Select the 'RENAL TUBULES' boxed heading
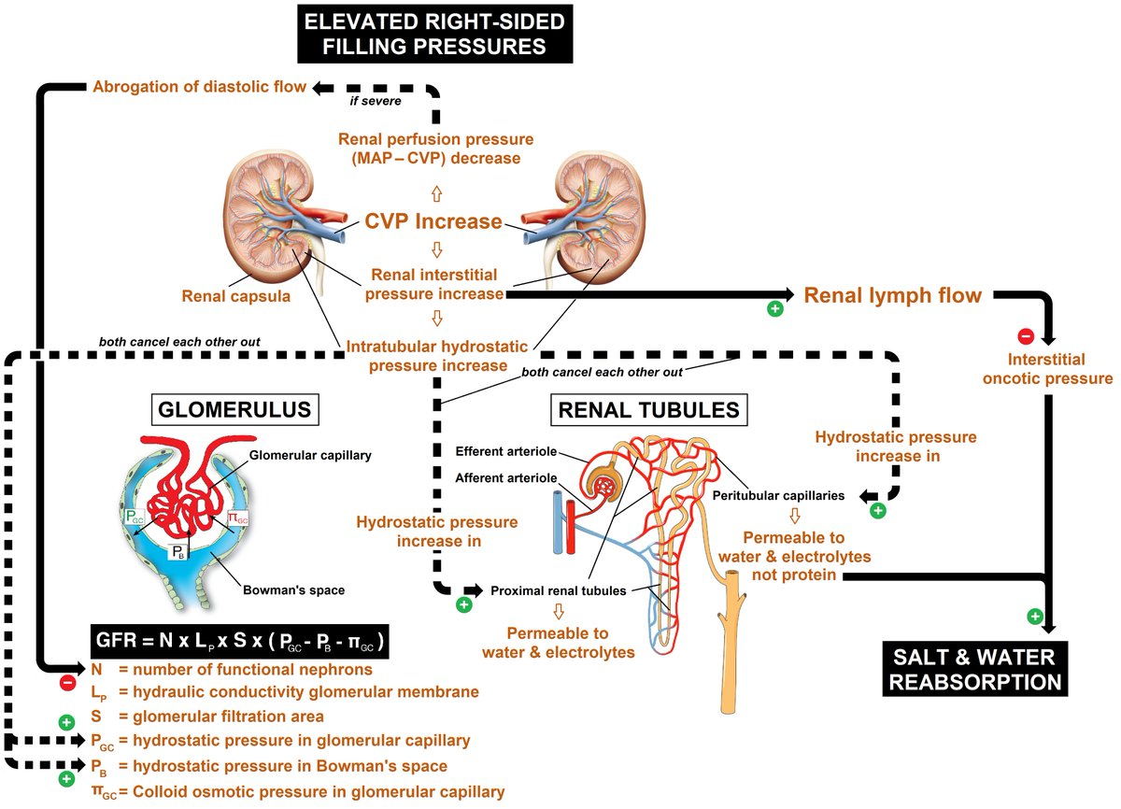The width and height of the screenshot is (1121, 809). pyautogui.click(x=648, y=409)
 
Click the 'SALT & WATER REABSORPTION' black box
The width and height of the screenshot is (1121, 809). pyautogui.click(x=975, y=669)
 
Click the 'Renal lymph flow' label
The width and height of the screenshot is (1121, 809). pyautogui.click(x=892, y=296)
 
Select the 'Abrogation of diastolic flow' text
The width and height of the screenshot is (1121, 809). pyautogui.click(x=199, y=87)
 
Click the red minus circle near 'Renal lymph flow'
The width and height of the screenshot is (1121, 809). pyautogui.click(x=1025, y=335)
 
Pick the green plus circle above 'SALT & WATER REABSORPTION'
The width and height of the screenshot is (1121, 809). pyautogui.click(x=1034, y=616)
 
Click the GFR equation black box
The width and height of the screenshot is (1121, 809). pyautogui.click(x=242, y=644)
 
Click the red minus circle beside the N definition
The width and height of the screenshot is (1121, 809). pyautogui.click(x=67, y=683)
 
